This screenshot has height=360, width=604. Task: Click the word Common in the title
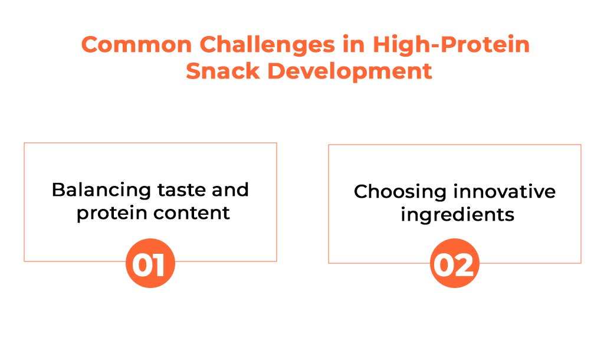pyautogui.click(x=136, y=44)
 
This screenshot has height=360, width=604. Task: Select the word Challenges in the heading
pyautogui.click(x=267, y=45)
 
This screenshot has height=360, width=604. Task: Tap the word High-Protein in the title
pyautogui.click(x=451, y=44)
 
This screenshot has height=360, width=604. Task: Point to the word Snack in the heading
pyautogui.click(x=223, y=71)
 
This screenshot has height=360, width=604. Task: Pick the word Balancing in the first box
pyautogui.click(x=101, y=191)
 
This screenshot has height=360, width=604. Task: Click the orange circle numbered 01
pyautogui.click(x=150, y=263)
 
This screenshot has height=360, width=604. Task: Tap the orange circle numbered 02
pyautogui.click(x=455, y=263)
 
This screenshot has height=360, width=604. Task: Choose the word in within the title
pyautogui.click(x=354, y=44)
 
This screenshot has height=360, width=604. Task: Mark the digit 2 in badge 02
pyautogui.click(x=465, y=265)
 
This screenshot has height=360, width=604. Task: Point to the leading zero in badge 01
pyautogui.click(x=143, y=265)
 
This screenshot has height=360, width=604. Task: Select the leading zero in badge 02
pyautogui.click(x=445, y=265)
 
